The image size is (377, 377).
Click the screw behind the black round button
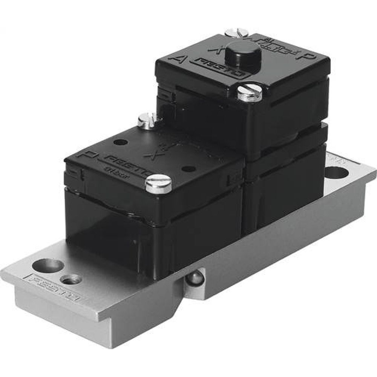[236, 34]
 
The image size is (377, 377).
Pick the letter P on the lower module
[80, 155]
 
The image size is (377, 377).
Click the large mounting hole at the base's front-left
[48, 265]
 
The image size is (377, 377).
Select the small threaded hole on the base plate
[71, 279]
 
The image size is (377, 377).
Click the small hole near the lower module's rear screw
[121, 143]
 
